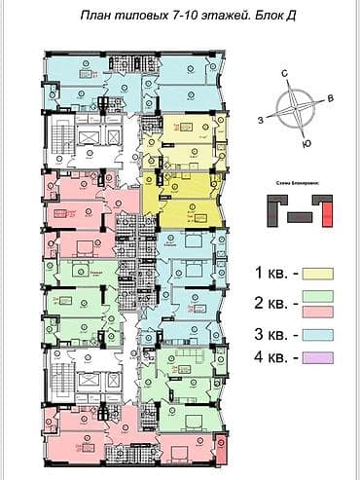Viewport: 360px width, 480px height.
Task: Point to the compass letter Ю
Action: coord(306,143)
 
